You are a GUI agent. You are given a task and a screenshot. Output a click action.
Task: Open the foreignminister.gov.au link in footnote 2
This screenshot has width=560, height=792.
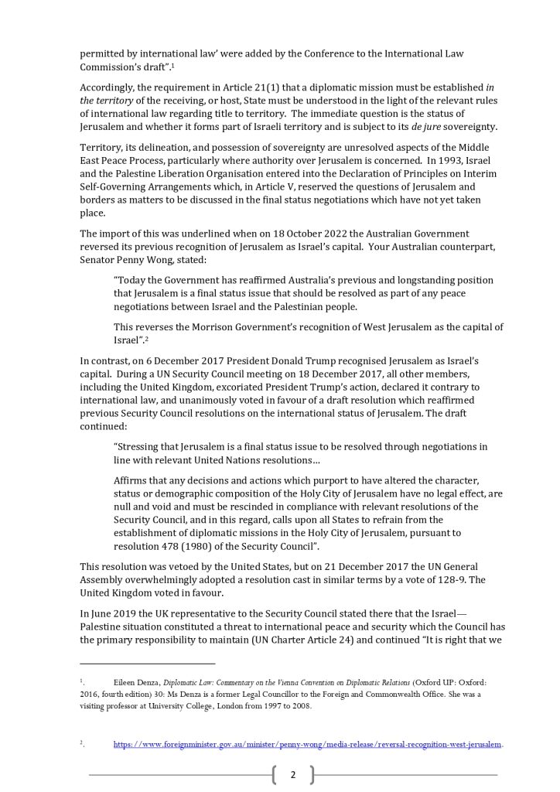[x=308, y=744]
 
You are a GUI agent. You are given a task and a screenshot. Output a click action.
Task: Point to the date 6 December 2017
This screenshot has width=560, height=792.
[x=177, y=360]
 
